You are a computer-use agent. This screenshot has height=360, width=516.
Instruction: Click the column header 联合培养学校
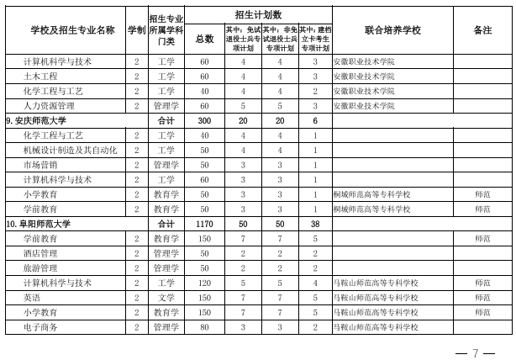point(392,30)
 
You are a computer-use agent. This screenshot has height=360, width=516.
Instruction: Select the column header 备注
point(482,30)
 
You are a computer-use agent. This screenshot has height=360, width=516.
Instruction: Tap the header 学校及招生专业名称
point(72,30)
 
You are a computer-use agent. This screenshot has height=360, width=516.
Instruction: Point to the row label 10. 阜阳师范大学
point(39,224)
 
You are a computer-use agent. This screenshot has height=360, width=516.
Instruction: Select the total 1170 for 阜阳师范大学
point(204,224)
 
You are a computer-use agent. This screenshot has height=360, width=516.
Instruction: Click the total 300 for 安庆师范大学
point(204,120)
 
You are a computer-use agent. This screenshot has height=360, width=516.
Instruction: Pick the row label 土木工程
point(40,77)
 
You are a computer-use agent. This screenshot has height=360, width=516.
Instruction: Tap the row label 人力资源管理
point(49,106)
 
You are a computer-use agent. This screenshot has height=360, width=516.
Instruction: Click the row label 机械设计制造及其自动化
point(70,150)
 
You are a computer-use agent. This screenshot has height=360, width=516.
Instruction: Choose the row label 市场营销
point(40,165)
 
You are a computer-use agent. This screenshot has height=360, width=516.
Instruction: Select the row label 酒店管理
point(40,253)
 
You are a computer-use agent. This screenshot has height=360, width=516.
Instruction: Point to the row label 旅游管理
point(40,267)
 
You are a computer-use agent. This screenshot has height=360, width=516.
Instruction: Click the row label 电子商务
point(40,326)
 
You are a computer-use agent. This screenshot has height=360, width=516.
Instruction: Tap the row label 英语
point(32,297)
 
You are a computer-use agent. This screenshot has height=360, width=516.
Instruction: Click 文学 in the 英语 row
point(166,297)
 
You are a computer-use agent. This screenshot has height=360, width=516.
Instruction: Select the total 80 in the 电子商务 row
point(204,326)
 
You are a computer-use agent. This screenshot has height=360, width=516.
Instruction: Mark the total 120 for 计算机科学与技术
point(204,283)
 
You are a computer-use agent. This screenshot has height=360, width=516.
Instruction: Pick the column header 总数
point(204,39)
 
